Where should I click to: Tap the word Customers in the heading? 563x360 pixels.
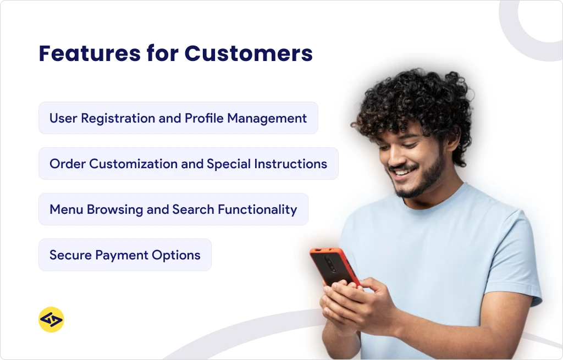(249, 53)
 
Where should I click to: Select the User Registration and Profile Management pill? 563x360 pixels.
(178, 118)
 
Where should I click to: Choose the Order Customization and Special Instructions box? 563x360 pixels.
(188, 164)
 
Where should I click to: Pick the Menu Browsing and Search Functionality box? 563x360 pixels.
(173, 209)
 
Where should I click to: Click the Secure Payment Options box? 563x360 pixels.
(125, 255)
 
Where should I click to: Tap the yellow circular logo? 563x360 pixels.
(51, 320)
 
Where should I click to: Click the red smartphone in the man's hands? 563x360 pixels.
(333, 267)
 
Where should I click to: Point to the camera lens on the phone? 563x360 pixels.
(329, 261)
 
